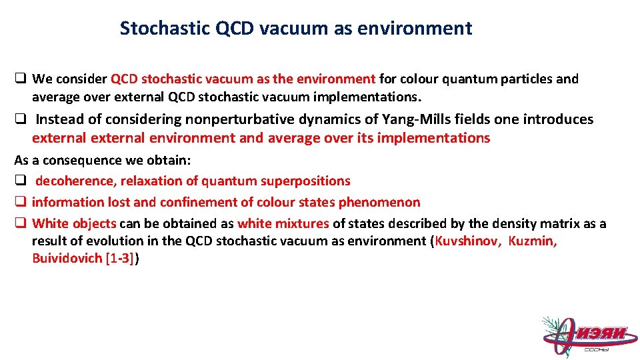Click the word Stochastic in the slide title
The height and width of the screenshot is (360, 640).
point(165,28)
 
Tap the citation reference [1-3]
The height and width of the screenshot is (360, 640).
point(120,258)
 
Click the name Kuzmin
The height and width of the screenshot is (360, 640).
point(532,241)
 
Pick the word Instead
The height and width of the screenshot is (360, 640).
point(57,119)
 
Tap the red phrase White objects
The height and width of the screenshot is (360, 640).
point(74,223)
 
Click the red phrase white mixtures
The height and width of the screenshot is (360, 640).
point(283,223)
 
